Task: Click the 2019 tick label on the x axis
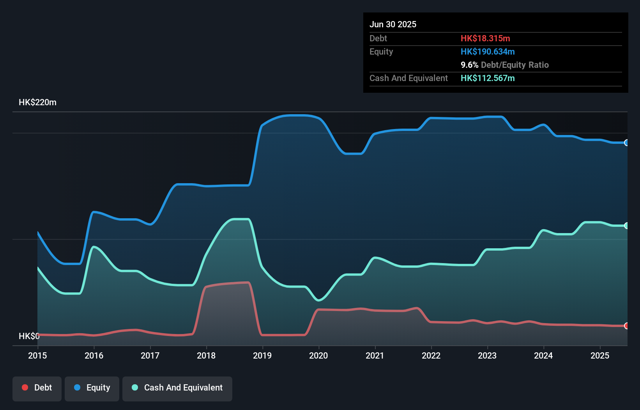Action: [x=262, y=355]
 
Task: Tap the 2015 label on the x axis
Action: [x=37, y=355]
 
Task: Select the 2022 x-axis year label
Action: [x=431, y=355]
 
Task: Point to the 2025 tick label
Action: [x=599, y=355]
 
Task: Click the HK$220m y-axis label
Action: [x=37, y=102]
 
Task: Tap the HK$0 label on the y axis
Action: [x=29, y=336]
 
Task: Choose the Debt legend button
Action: [x=37, y=388]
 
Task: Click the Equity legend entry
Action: [x=92, y=388]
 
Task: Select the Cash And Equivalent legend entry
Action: [x=177, y=388]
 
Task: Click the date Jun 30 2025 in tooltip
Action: [x=393, y=24]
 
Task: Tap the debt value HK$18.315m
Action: [x=485, y=38]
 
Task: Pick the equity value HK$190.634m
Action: [x=488, y=51]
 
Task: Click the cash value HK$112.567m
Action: [x=488, y=78]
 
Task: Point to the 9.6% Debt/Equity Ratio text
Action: [x=504, y=65]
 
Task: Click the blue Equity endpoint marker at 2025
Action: [x=626, y=143]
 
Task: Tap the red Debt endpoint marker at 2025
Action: [x=626, y=326]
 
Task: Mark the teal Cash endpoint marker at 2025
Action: [x=626, y=226]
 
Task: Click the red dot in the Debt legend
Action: [x=25, y=387]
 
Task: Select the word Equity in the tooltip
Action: [x=381, y=51]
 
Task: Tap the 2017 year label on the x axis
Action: [x=150, y=355]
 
